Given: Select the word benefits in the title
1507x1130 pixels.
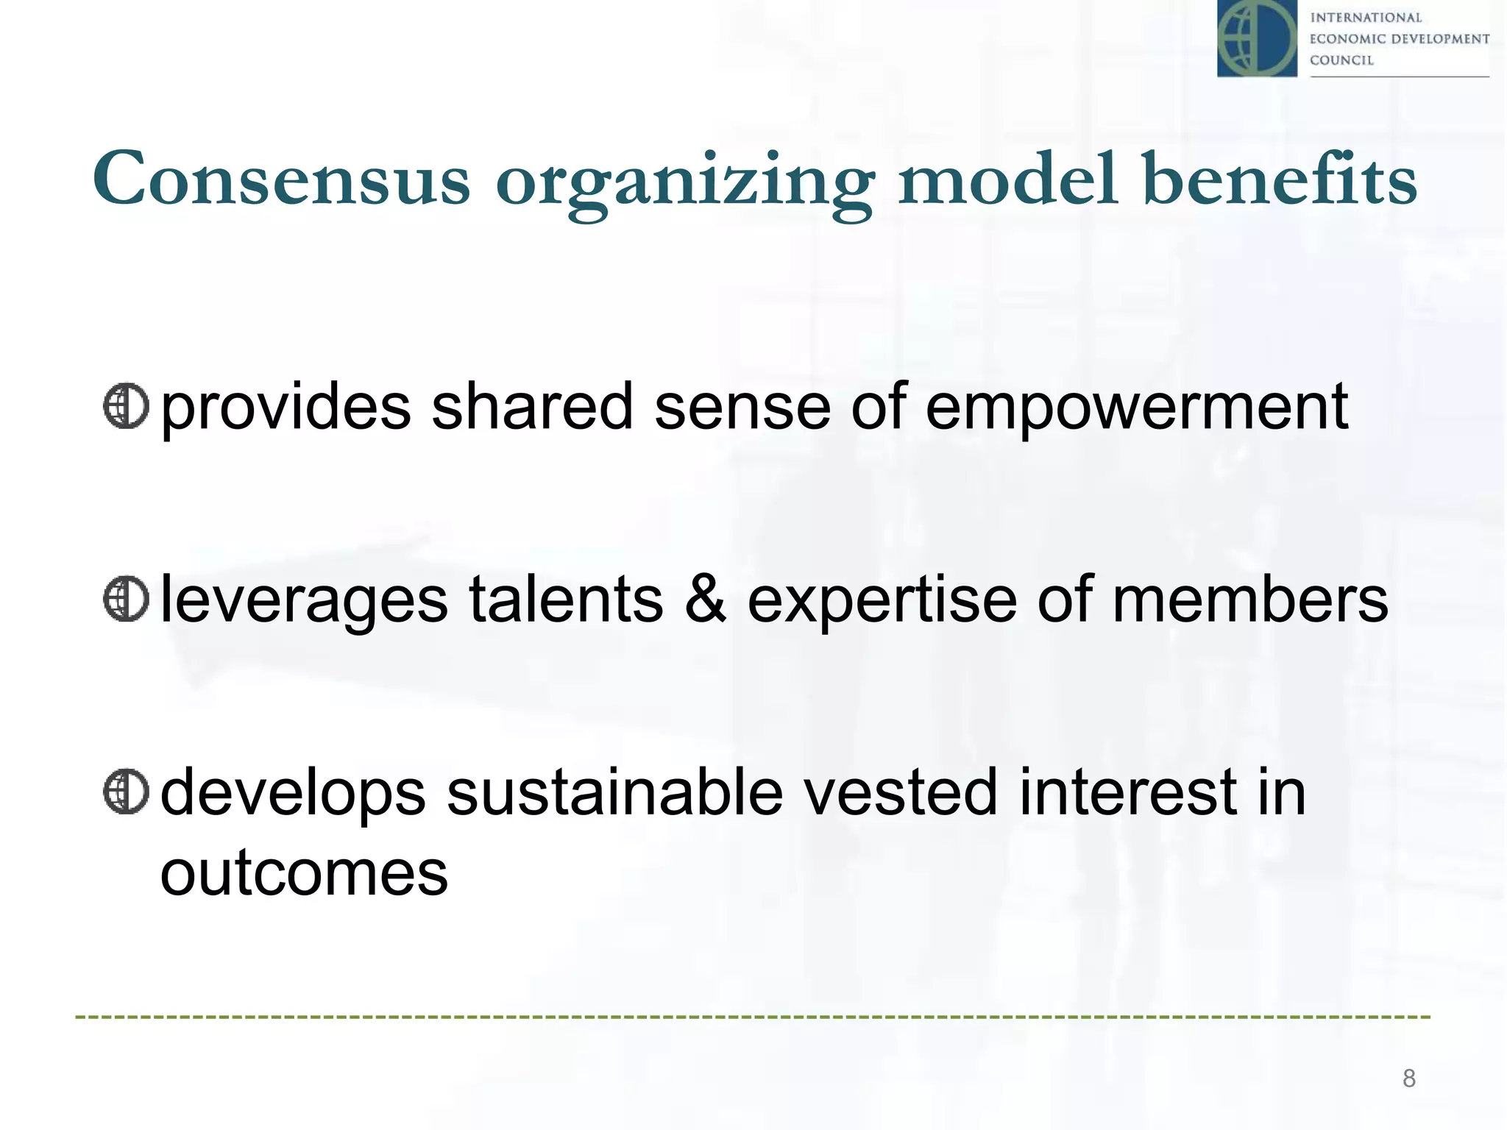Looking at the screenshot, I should pyautogui.click(x=1280, y=179).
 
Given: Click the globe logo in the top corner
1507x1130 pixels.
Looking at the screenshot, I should pyautogui.click(x=1257, y=38).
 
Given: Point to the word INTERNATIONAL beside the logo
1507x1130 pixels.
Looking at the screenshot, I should pyautogui.click(x=1366, y=18).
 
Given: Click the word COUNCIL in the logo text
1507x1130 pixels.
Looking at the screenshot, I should pyautogui.click(x=1341, y=60).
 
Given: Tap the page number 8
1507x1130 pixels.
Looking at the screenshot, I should pyautogui.click(x=1408, y=1079).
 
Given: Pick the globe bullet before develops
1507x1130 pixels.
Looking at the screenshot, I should pyautogui.click(x=126, y=792).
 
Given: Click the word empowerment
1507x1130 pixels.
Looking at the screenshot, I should pyautogui.click(x=1136, y=409).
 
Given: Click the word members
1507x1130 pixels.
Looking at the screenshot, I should pyautogui.click(x=1250, y=599).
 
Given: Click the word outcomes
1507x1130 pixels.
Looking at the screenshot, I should pyautogui.click(x=304, y=874).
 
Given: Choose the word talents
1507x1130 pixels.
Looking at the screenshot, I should pyautogui.click(x=566, y=599).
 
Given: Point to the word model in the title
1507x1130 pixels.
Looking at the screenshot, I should pyautogui.click(x=1009, y=179).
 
